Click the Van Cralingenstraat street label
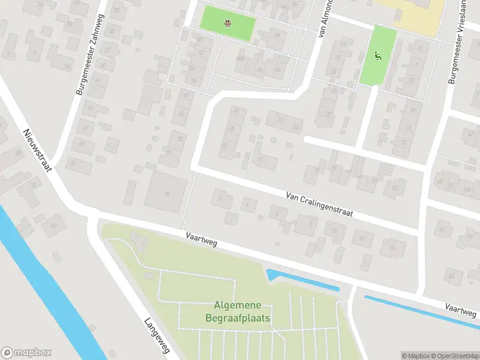(319, 204)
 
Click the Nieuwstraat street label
(37, 149)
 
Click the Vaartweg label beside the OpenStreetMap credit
(461, 310)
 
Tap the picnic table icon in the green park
(228, 24)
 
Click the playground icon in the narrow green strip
(378, 57)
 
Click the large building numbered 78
(166, 192)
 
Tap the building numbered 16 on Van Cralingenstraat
(393, 247)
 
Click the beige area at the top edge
(414, 15)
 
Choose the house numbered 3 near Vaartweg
(222, 198)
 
